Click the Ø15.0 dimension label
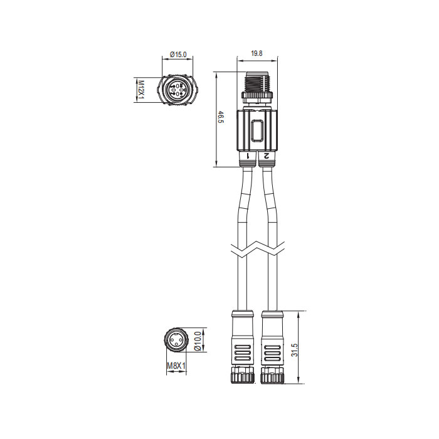point(179,55)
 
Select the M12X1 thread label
point(142,91)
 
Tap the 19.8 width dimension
point(257,55)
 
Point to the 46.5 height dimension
point(221,119)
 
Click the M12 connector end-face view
point(179,91)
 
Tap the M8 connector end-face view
point(176,341)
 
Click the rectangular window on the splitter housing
point(257,130)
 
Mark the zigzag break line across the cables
point(257,250)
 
